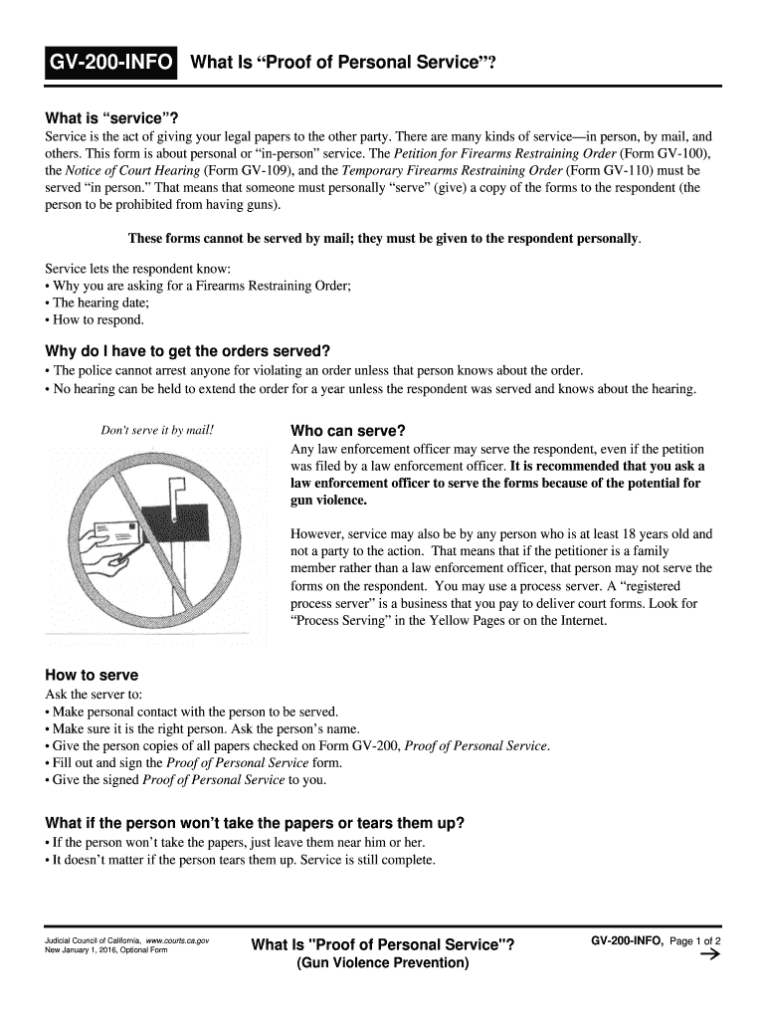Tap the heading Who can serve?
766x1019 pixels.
(x=347, y=431)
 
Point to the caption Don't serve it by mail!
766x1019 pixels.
(x=157, y=431)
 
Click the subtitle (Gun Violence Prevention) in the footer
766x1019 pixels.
(x=383, y=963)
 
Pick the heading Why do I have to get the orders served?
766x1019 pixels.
(x=187, y=350)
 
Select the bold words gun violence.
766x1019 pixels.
(x=328, y=501)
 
